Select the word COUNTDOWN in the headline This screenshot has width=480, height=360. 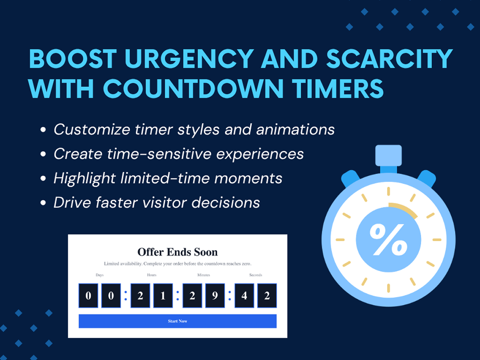193,88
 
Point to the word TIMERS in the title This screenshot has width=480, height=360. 338,88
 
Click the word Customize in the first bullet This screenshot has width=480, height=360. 92,129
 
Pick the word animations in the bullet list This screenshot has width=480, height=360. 295,129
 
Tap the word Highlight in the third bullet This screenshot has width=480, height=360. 85,178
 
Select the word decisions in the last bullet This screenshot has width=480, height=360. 226,202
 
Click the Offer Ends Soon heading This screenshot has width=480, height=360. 178,252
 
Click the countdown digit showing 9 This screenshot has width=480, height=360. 215,296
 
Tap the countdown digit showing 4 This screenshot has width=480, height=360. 244,296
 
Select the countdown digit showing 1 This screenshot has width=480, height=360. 163,296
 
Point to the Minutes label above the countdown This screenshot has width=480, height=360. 204,275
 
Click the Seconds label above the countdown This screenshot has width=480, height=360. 256,275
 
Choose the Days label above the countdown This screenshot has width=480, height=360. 100,275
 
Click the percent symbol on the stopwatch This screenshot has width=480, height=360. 388,240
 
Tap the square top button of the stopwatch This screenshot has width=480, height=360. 388,156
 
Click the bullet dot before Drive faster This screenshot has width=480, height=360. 43,203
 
